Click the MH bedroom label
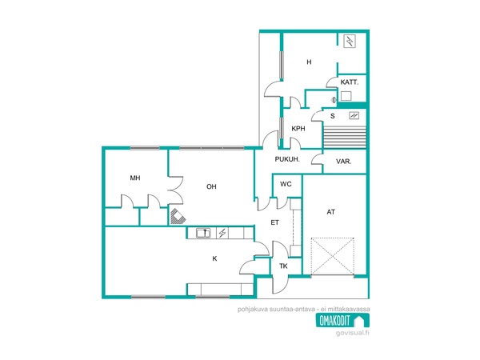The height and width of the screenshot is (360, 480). coord(135,178)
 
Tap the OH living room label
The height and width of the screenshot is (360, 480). coord(211,186)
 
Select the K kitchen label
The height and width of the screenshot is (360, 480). coord(214,258)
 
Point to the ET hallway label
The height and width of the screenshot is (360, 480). coord(274,222)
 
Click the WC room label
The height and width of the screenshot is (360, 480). coord(286,184)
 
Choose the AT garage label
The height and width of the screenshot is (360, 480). coord(331,212)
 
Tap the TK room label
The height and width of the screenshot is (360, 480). coord(283,266)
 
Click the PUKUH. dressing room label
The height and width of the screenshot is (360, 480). coord(287,159)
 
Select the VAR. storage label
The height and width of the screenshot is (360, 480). coord(343,162)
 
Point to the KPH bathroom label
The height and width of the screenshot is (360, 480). coord(298,129)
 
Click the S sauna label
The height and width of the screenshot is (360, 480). coord(333,116)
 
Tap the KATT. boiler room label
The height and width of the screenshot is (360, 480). coord(350,82)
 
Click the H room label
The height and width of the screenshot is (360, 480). coord(309,62)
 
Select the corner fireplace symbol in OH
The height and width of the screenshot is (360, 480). coord(178,216)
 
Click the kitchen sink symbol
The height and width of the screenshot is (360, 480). coord(203,233)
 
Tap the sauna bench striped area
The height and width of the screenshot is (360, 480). coord(345,137)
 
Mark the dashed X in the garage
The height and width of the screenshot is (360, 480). coord(333,257)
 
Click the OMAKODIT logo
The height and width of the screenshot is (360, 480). coord(342,321)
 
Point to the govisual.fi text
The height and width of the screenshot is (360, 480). coord(352,333)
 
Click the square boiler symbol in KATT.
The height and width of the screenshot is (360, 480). coord(346,96)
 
